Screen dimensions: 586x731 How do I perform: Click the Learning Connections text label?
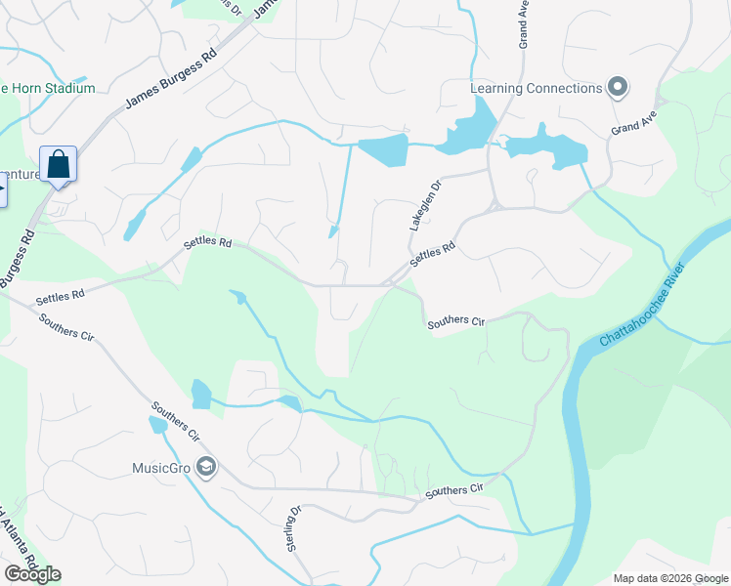(537, 89)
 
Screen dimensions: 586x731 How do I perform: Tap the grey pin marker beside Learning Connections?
(618, 89)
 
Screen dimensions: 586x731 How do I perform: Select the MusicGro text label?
(161, 468)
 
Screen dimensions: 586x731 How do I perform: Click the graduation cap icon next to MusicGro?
(205, 468)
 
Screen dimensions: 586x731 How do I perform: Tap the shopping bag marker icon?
(58, 163)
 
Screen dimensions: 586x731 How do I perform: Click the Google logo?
(32, 574)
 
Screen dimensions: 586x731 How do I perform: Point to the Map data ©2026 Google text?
(670, 578)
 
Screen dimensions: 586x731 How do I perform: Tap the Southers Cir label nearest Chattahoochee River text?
(455, 321)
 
